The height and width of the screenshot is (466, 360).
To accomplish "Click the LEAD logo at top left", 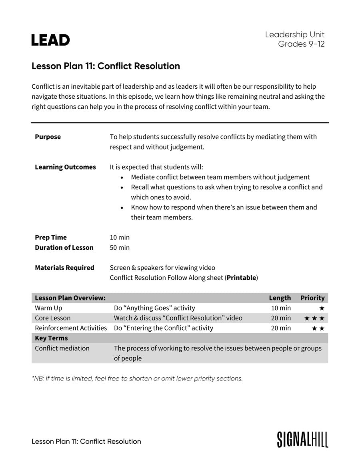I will point(50,40).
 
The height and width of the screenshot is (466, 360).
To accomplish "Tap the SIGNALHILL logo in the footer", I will point(302,439).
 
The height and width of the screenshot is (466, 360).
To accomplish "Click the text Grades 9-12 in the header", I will point(301,44).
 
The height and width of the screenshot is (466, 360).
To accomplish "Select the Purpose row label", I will point(48,137).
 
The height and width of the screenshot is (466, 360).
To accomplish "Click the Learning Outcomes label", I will point(65,167).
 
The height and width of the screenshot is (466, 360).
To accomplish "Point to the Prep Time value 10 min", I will point(120,237).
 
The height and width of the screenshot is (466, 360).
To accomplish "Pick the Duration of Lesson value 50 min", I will point(120,247).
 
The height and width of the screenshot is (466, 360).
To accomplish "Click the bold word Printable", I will point(241,278).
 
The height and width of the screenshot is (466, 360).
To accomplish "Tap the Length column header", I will point(280,298).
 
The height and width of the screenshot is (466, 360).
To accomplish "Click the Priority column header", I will point(312,298).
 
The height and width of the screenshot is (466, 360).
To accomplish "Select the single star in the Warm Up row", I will point(322,308).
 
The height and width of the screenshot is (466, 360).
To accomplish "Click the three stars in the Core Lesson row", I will point(314,318).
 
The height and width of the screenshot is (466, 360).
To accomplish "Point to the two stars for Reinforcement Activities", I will point(318,328).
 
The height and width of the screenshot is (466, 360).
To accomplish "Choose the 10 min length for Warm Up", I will point(281,308).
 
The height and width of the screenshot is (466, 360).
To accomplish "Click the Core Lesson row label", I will point(52,318).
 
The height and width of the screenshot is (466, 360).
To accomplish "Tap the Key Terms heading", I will point(51,338).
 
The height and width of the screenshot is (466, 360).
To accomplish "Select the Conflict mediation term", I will point(62,348).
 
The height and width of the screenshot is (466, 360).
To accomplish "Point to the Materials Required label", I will point(64,268).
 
